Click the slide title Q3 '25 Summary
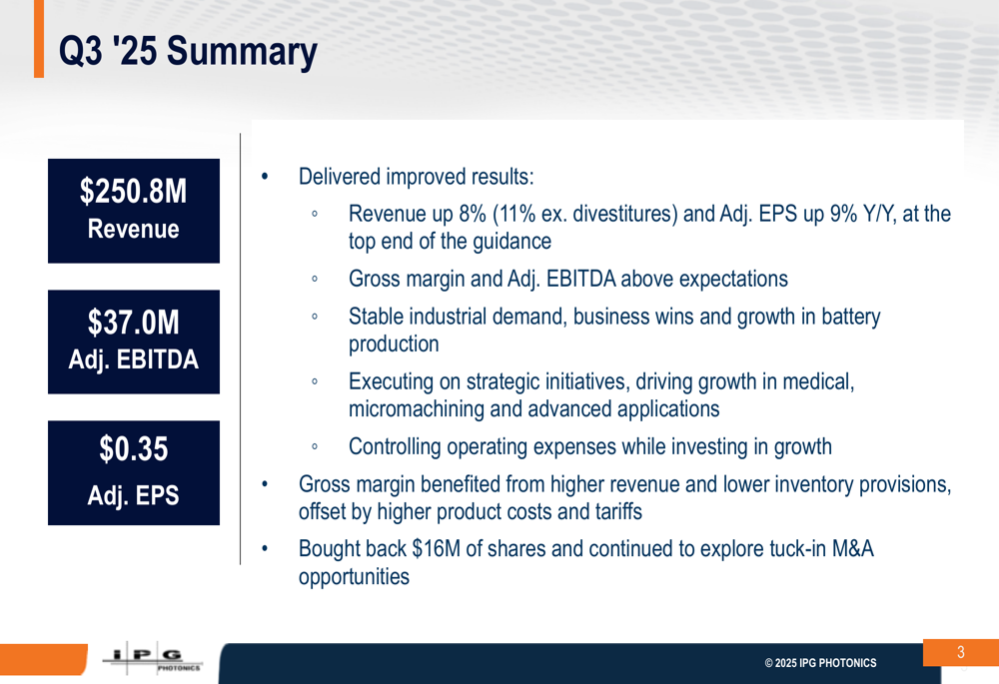pos(188,52)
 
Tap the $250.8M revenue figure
pos(134,193)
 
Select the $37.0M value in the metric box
pos(134,324)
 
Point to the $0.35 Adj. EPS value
pos(134,450)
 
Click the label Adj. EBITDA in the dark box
pos(134,359)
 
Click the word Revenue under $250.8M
pos(134,229)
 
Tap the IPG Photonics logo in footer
pos(152,660)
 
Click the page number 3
pos(960,653)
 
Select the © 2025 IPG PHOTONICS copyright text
pos(820,663)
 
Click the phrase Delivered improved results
pos(416,178)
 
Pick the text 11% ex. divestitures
pos(583,215)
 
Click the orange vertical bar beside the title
pos(38,39)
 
